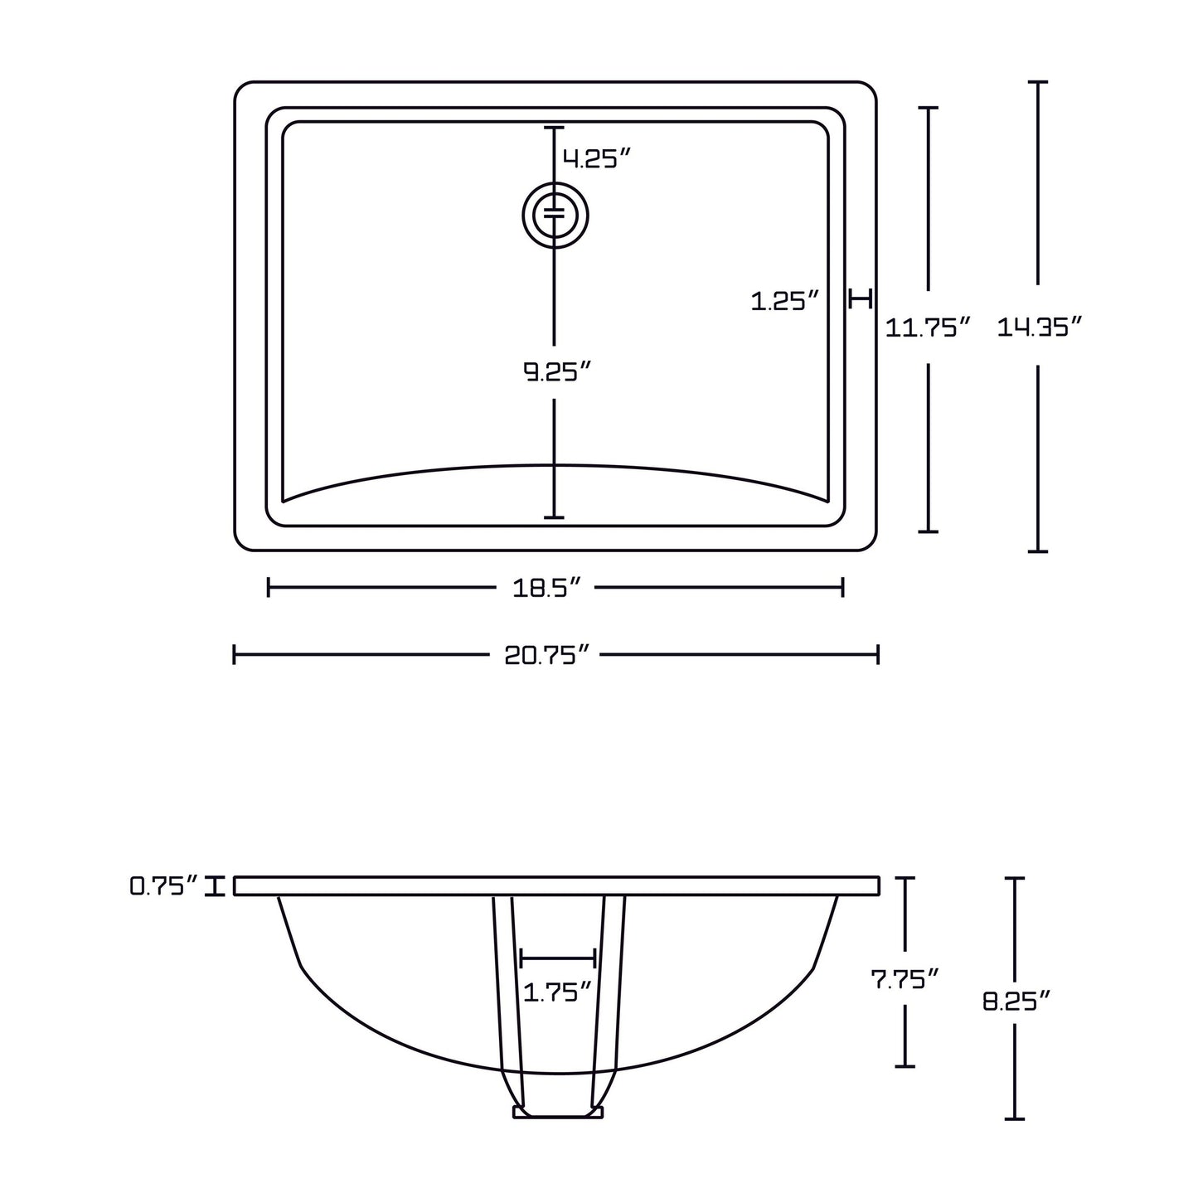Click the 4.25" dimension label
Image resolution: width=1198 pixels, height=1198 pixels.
(597, 158)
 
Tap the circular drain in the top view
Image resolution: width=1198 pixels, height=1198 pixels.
(555, 216)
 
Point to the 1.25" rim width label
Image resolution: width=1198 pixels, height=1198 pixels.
(784, 301)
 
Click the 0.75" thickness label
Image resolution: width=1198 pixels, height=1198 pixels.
(163, 886)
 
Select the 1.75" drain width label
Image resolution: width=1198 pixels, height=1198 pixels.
(557, 991)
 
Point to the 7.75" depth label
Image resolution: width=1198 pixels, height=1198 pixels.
(905, 979)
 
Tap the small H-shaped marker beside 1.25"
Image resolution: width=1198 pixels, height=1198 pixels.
(861, 298)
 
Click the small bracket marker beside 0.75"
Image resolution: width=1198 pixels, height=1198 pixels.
(216, 886)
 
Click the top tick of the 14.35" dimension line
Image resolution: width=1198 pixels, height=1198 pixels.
(1037, 83)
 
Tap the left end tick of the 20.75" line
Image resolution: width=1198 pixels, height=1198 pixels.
(235, 655)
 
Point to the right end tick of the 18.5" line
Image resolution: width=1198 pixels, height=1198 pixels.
(842, 588)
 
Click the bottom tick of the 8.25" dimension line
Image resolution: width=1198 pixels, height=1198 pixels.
(1015, 1118)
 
